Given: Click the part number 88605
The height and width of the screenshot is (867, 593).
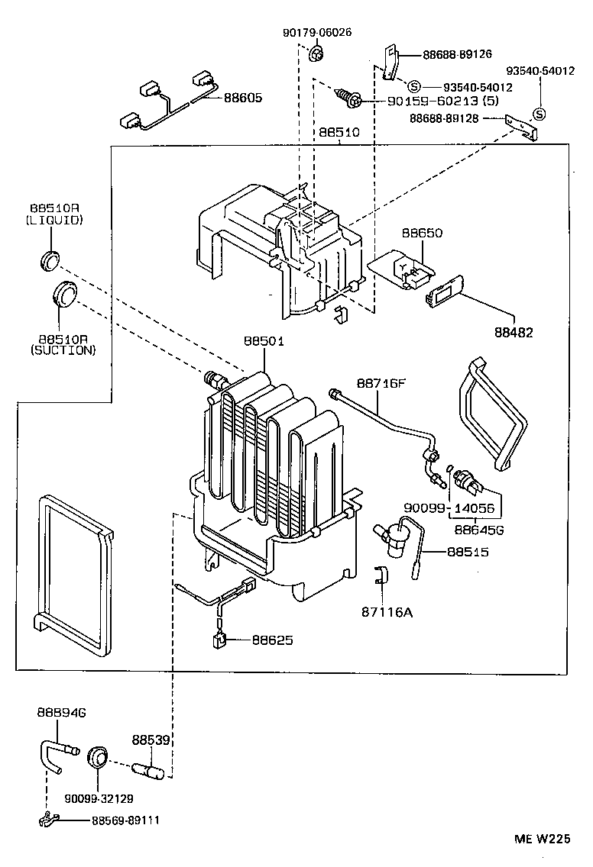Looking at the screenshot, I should click(243, 98).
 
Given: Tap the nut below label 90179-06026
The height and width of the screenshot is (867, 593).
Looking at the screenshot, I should click(317, 54).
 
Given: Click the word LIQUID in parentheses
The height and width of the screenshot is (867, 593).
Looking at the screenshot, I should click(57, 220).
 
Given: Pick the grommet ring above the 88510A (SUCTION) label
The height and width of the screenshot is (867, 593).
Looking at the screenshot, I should click(66, 295).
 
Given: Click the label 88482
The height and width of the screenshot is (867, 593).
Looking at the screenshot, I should click(513, 332).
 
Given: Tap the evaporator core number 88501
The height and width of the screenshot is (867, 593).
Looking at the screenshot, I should click(264, 341).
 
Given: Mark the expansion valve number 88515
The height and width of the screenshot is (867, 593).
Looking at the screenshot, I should click(468, 552).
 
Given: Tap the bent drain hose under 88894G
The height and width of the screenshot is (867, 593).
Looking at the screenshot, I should click(57, 752).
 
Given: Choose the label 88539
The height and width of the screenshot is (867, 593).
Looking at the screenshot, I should click(151, 740).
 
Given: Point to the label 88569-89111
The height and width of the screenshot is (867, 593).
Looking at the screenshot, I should click(126, 821).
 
